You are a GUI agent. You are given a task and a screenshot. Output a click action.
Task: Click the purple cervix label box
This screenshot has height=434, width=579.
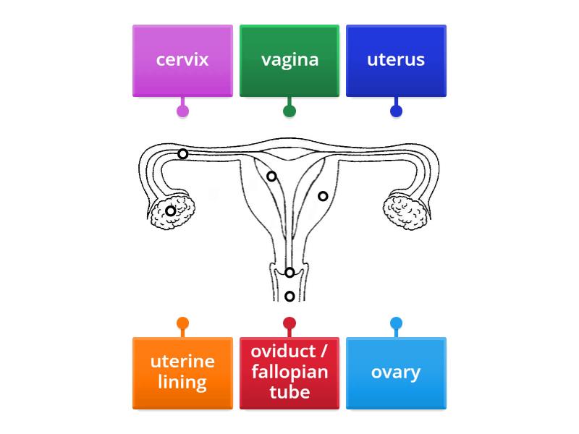[x=182, y=60]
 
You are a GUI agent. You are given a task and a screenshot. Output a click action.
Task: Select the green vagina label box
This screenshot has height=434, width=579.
[x=289, y=60]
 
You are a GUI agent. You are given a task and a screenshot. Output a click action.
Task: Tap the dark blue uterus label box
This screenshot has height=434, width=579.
[x=396, y=60]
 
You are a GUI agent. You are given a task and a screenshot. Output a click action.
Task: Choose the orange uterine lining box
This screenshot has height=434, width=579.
[x=182, y=373]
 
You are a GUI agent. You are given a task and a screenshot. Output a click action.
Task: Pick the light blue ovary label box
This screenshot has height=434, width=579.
[x=396, y=373]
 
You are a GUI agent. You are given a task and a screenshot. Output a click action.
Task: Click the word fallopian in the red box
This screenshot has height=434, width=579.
[x=289, y=373]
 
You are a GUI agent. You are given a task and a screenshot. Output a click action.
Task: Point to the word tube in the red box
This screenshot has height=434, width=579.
[x=289, y=392]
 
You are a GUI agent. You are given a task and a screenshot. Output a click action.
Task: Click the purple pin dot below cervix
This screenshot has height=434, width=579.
[x=182, y=111]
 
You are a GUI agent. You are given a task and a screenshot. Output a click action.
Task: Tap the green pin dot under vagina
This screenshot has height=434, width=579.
[x=289, y=111]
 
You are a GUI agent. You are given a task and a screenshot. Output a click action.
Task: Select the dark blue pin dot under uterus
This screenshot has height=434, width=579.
[x=396, y=111]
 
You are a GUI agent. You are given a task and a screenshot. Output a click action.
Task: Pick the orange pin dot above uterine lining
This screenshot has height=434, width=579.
[x=182, y=323]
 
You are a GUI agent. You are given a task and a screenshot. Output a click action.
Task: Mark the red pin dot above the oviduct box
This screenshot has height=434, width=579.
[x=289, y=323]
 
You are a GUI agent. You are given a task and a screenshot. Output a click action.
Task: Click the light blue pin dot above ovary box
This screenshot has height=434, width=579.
[x=396, y=323]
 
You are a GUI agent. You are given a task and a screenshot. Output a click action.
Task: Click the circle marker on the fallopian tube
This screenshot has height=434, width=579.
[x=183, y=154]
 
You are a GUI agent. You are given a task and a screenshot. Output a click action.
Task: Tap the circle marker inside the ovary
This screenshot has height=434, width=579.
[x=171, y=211]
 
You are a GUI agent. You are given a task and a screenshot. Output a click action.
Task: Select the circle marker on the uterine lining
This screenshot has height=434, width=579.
[x=271, y=176]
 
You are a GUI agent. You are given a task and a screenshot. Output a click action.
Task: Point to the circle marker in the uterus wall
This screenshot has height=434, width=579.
[x=323, y=196]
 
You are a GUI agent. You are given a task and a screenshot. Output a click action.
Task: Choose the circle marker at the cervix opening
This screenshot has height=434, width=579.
[x=289, y=273]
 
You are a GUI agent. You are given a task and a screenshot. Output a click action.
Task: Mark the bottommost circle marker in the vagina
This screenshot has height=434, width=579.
[x=289, y=297]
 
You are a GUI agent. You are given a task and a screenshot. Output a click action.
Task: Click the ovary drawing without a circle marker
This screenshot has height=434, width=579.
[x=405, y=212]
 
